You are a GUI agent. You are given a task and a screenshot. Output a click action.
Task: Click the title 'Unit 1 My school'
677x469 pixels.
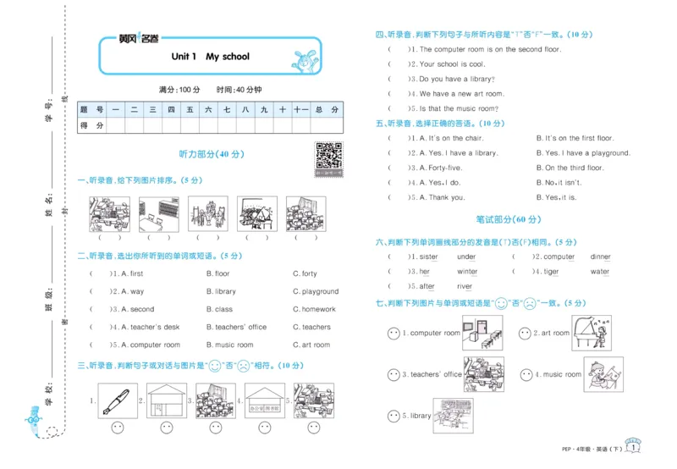point(210,57)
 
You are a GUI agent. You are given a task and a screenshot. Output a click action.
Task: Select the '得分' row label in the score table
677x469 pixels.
point(91,125)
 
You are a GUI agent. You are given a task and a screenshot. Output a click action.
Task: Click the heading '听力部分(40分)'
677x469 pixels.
point(211,155)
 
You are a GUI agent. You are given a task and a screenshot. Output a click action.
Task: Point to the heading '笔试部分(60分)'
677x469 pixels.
point(507,219)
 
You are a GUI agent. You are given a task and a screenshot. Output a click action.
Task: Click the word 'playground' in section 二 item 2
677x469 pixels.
point(319,291)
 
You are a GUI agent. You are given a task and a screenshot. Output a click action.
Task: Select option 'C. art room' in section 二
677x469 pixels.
point(311,345)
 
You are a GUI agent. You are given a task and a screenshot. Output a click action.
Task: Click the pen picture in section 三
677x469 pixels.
point(117,400)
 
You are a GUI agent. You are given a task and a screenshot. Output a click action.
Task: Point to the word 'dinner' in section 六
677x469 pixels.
point(601,257)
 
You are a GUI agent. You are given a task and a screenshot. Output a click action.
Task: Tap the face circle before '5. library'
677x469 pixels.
point(394,416)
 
